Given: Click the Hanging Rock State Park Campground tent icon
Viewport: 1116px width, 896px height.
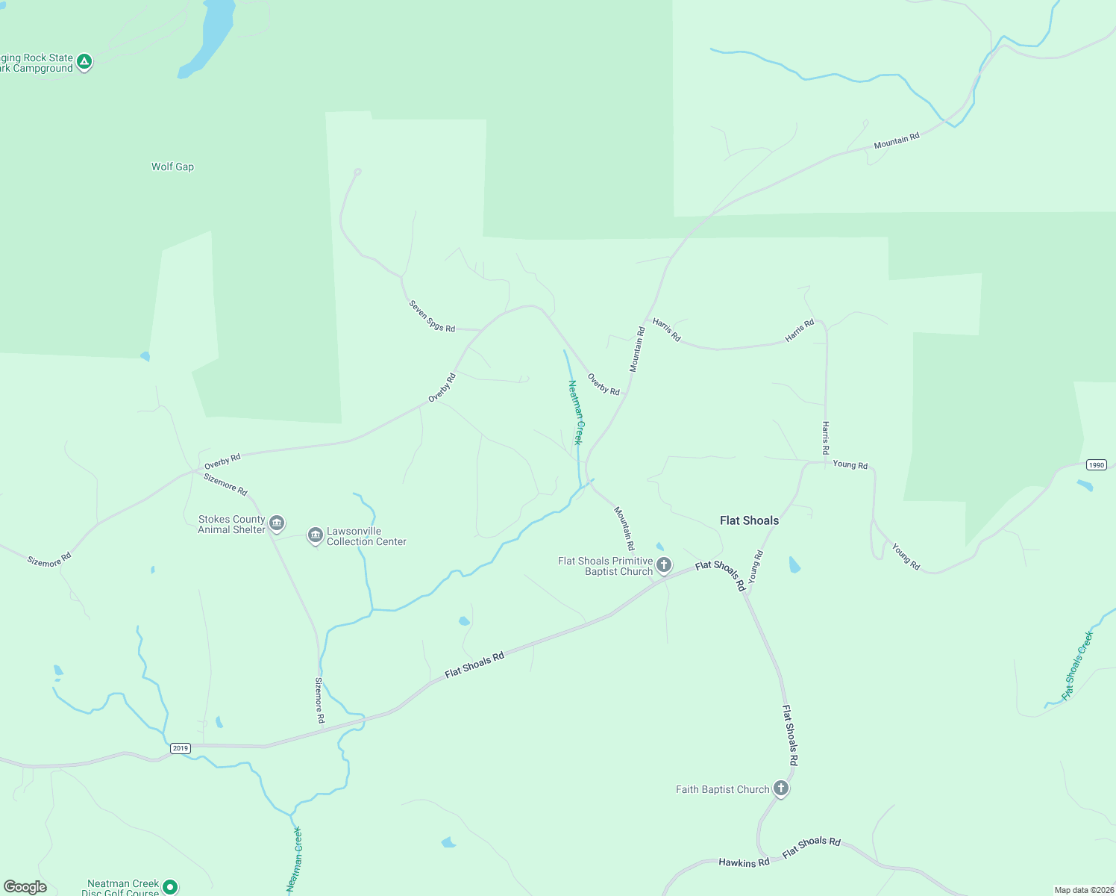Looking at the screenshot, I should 84,62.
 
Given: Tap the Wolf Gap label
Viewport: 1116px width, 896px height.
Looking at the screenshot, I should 172,167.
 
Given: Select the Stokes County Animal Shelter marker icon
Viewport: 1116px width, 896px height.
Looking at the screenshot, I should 277,523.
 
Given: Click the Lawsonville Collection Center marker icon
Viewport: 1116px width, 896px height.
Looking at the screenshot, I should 315,535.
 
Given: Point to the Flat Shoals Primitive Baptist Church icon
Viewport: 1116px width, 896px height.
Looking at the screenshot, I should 664,564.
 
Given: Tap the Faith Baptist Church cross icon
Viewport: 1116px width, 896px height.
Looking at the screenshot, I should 780,788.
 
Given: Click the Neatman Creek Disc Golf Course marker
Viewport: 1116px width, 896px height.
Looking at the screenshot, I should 170,887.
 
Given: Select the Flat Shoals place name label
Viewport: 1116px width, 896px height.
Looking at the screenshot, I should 749,520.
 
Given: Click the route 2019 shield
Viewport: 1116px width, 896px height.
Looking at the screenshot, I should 180,748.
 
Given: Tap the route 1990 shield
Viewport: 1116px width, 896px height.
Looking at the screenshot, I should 1096,465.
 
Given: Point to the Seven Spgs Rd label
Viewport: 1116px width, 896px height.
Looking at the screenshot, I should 432,316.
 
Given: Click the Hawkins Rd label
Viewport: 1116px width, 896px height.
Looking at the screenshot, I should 744,862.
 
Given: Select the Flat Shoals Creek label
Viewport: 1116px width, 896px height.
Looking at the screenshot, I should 1077,665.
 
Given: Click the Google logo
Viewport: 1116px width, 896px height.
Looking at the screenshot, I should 25,886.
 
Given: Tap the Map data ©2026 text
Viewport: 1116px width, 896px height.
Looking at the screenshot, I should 1083,890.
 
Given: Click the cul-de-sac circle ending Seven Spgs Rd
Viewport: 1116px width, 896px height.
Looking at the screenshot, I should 357,172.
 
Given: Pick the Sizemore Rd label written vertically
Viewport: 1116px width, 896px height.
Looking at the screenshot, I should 319,700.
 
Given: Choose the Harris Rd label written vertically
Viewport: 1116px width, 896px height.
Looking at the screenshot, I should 825,438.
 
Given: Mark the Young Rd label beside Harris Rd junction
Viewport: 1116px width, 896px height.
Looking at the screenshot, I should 850,464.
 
